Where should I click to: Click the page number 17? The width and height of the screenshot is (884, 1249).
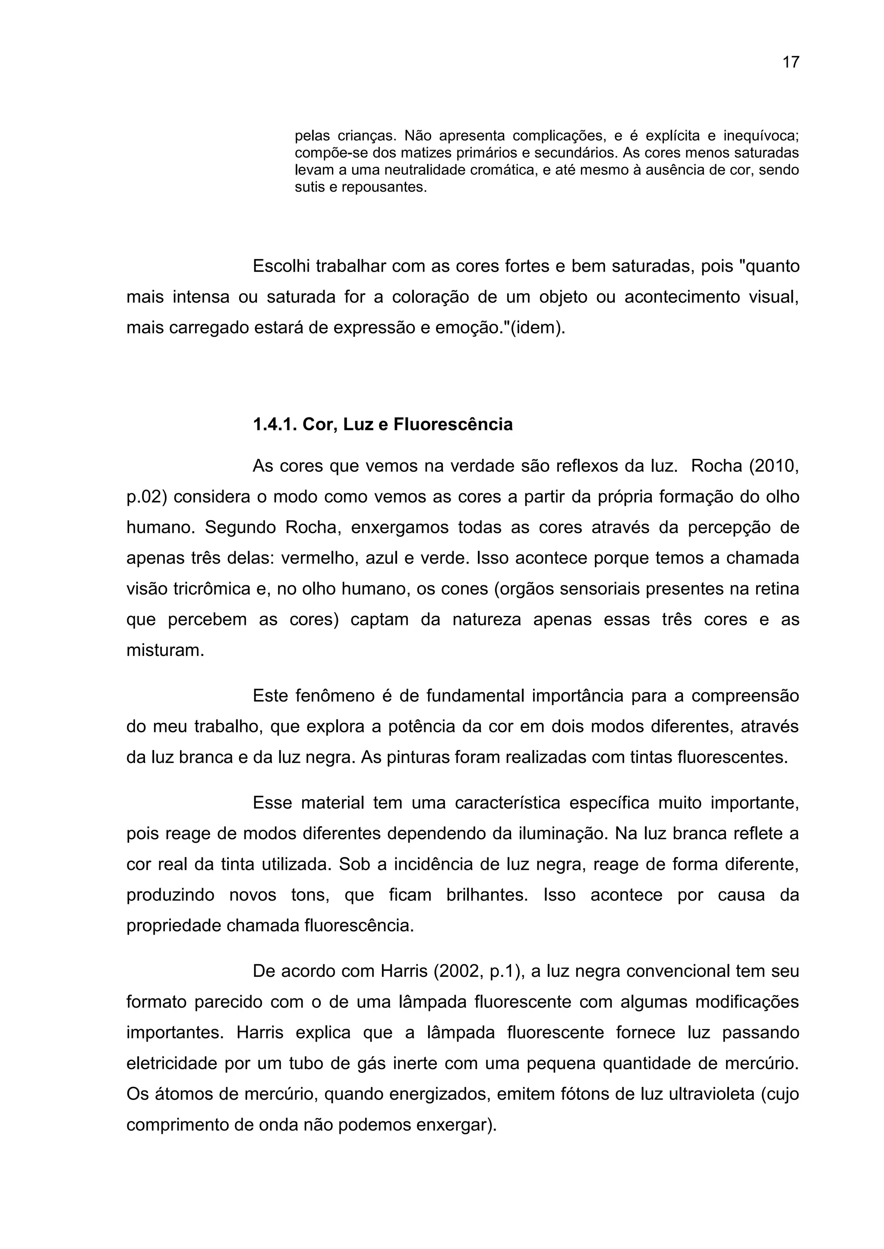tap(790, 63)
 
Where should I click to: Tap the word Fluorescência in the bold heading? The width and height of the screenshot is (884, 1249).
tap(453, 424)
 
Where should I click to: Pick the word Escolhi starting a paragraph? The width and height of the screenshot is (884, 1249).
tap(281, 267)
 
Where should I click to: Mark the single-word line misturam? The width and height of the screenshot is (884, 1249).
tap(165, 651)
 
